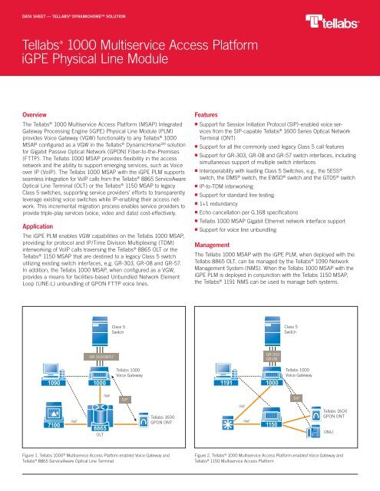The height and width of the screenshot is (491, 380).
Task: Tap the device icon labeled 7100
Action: coord(33,414)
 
